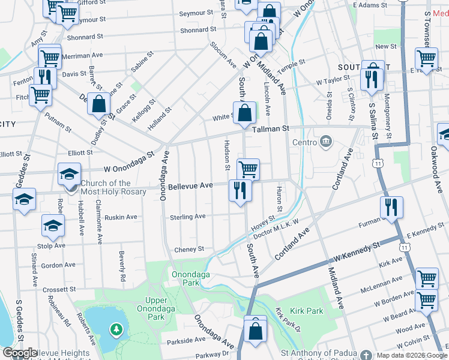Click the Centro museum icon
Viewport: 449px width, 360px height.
[x=326, y=142]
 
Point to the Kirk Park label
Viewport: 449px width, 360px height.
[x=306, y=311]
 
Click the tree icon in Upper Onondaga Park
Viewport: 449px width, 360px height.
[x=116, y=329]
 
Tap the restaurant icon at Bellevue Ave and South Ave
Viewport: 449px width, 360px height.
[x=240, y=191]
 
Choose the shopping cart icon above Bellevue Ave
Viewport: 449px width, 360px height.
[x=248, y=169]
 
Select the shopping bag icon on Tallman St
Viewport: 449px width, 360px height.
[x=245, y=113]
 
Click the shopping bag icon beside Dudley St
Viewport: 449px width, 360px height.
[x=98, y=104]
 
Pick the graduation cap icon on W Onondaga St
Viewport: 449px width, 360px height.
[x=69, y=175]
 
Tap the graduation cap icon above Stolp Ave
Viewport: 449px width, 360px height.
[x=53, y=226]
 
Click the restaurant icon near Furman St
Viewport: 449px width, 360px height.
[x=391, y=208]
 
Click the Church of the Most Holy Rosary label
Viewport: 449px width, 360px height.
[x=106, y=187]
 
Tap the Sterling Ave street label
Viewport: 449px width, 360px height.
[x=187, y=217]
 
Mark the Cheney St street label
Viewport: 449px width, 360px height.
[x=189, y=248]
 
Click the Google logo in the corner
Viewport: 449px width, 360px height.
[x=20, y=353]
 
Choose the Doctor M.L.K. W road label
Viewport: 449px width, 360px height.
[x=276, y=229]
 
